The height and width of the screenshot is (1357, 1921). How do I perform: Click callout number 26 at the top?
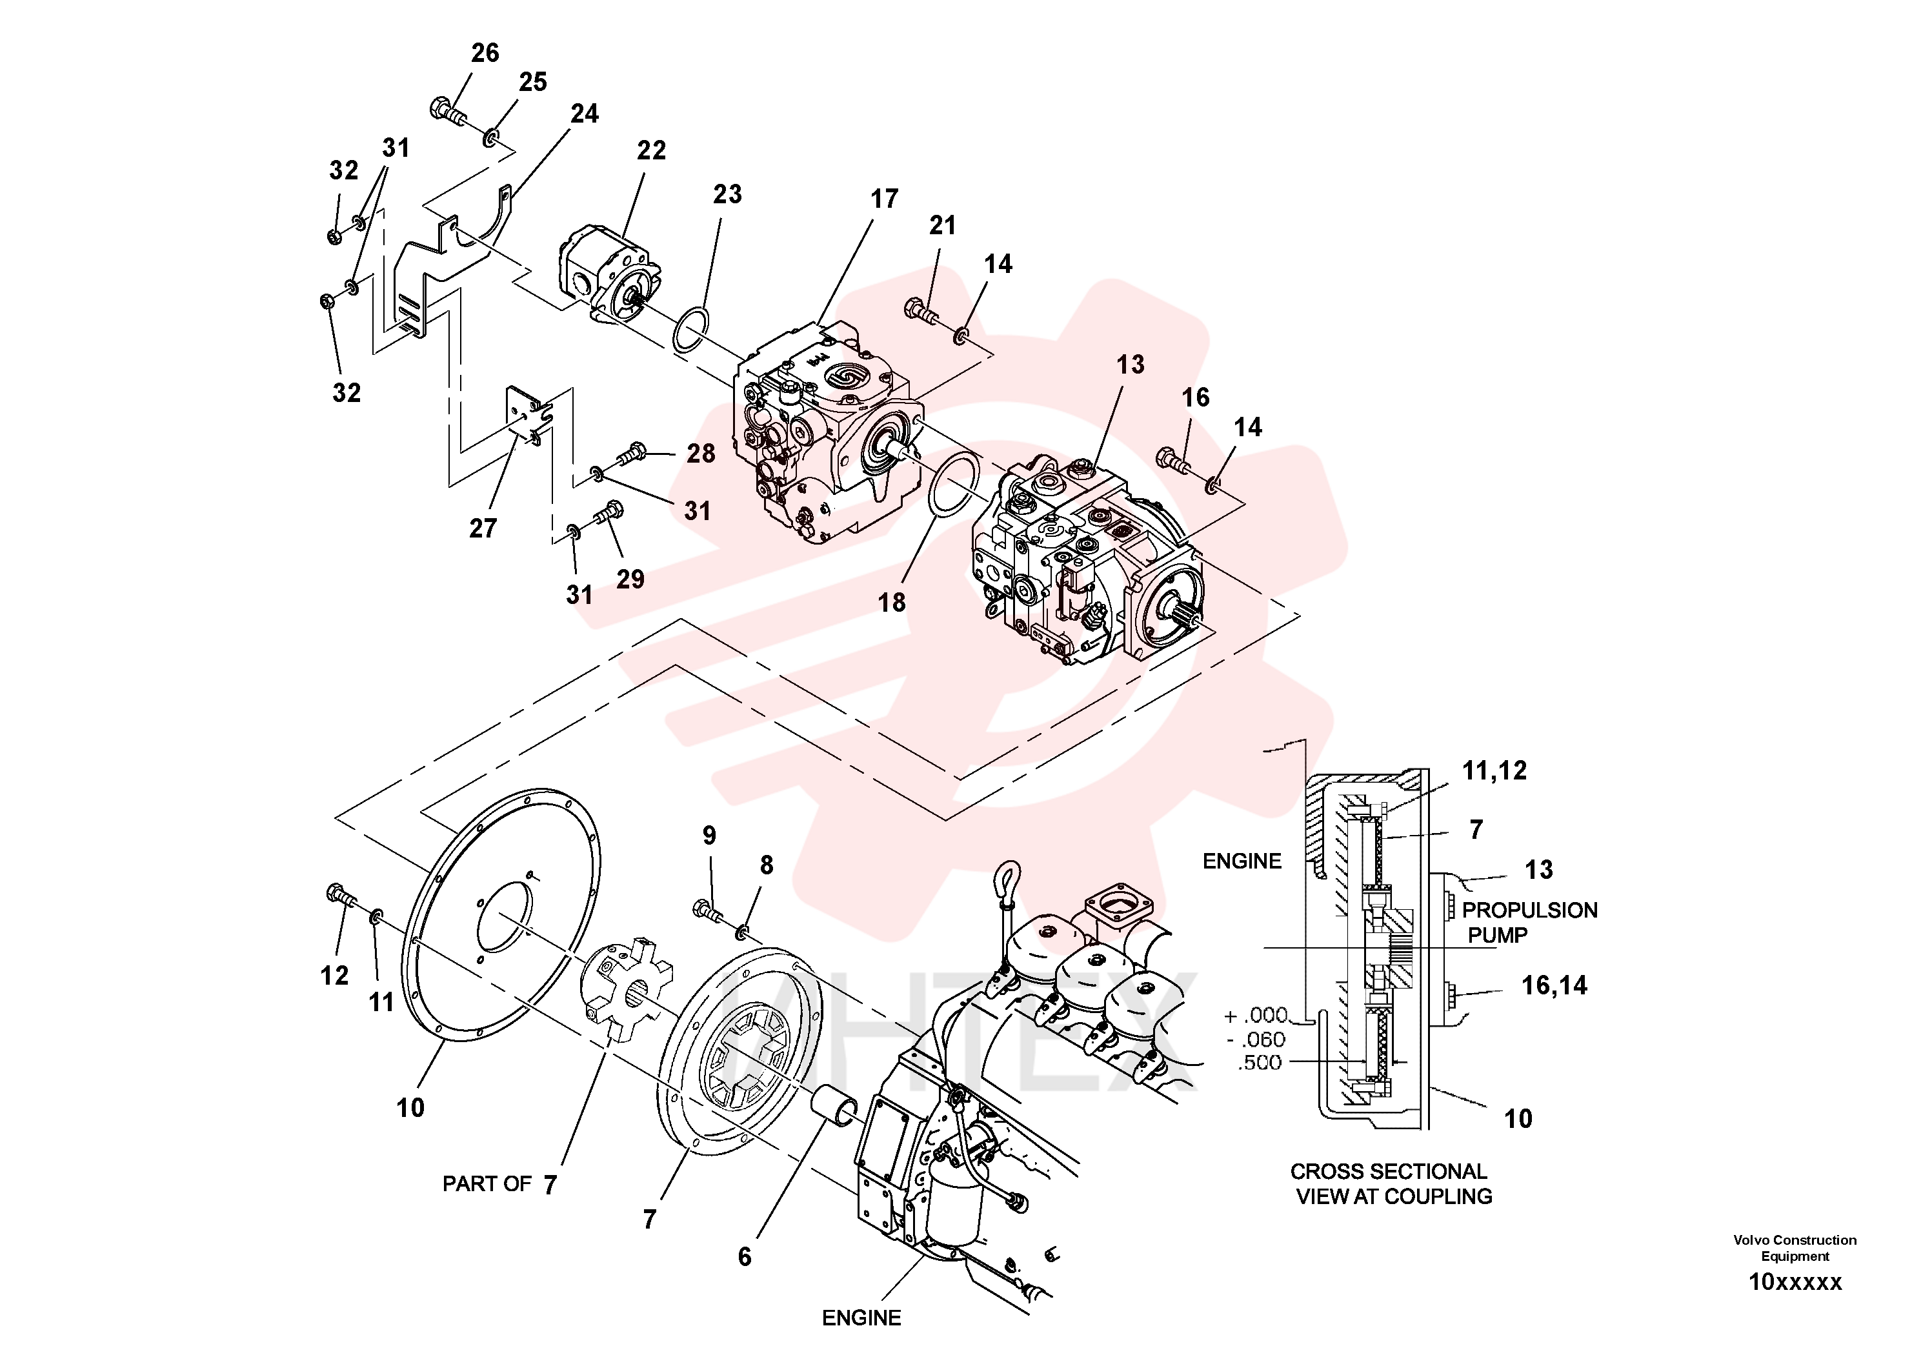click(485, 53)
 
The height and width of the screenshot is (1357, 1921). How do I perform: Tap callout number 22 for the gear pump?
click(651, 150)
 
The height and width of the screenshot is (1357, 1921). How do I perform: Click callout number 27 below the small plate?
click(483, 528)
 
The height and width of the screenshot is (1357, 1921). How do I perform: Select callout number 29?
click(630, 579)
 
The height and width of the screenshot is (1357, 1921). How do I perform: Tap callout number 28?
click(701, 454)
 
